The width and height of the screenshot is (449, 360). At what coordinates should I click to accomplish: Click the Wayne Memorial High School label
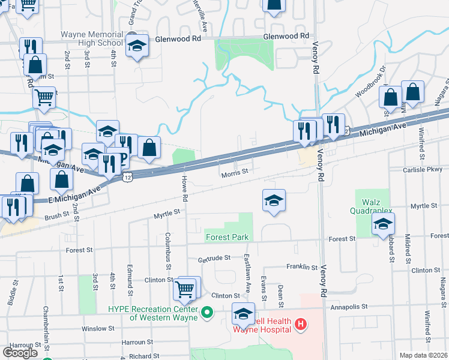92,38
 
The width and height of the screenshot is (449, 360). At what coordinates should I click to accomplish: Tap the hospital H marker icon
301,326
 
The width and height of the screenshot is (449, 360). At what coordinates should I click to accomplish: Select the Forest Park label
227,237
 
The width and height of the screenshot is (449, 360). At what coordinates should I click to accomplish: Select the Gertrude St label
215,258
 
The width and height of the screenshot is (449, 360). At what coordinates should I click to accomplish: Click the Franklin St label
301,267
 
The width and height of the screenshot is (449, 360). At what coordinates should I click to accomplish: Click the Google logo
20,352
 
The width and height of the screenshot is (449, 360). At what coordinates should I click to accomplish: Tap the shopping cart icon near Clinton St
185,289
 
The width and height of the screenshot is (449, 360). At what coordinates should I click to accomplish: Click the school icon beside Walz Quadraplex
383,225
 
